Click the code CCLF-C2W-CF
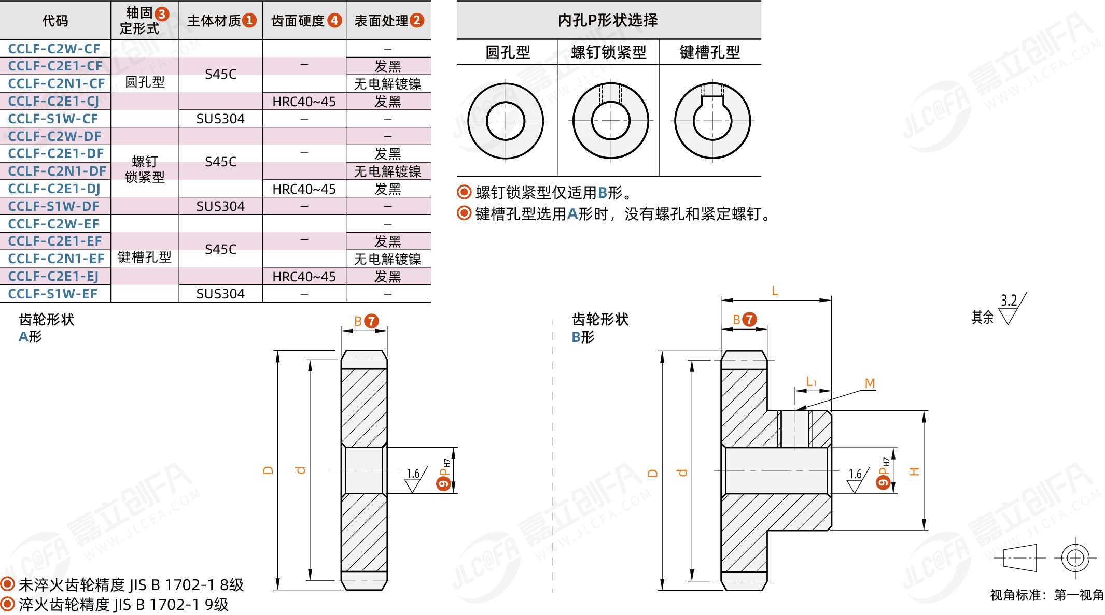[x=54, y=49]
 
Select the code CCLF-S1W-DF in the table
[x=54, y=206]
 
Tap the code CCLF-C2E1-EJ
[x=53, y=276]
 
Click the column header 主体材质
[x=215, y=21]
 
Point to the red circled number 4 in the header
[x=334, y=20]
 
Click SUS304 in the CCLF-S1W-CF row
[x=220, y=119]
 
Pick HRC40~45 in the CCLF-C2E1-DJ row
[x=304, y=189]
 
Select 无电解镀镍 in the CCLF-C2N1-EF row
[x=388, y=259]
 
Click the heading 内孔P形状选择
[x=608, y=20]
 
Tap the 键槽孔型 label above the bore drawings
[x=709, y=52]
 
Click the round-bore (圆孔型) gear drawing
[x=506, y=121]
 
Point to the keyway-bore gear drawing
[x=712, y=121]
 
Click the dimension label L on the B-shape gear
[x=775, y=291]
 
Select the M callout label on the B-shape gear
[x=870, y=383]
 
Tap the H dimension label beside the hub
[x=914, y=471]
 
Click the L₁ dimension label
[x=811, y=382]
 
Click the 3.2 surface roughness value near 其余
[x=1009, y=301]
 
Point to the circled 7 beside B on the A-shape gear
[x=371, y=321]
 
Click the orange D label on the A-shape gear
[x=268, y=470]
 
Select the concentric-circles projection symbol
[x=1075, y=558]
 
